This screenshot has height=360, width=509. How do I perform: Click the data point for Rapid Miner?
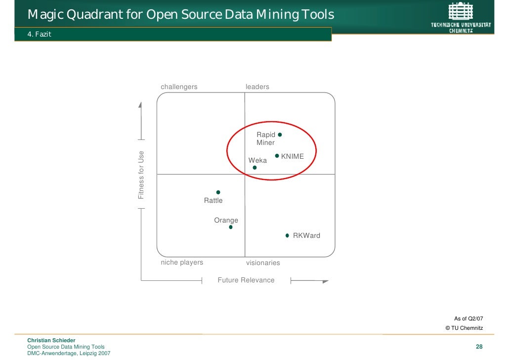(x=280, y=135)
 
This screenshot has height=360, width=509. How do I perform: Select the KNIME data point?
(x=277, y=156)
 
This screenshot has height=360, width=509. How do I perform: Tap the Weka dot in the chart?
(x=254, y=168)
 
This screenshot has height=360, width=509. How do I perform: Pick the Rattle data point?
(x=218, y=192)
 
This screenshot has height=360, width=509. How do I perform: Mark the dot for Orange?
(x=231, y=227)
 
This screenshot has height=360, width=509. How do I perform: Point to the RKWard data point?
(x=287, y=236)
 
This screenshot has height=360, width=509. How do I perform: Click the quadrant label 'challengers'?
(x=179, y=87)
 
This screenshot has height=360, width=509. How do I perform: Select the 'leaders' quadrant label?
(x=257, y=87)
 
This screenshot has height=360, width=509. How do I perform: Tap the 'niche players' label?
(x=182, y=263)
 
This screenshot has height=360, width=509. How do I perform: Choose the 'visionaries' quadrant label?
(x=263, y=263)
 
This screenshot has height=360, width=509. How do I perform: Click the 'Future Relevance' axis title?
(x=246, y=280)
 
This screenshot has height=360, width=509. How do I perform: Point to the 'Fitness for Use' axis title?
(x=141, y=175)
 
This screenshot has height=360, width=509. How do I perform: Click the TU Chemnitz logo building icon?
(x=461, y=11)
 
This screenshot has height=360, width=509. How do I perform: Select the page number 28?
(x=479, y=347)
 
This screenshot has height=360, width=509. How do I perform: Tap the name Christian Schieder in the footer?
(x=51, y=340)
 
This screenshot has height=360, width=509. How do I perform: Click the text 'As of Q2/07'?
(x=468, y=318)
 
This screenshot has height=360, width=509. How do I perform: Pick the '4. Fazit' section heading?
(x=40, y=34)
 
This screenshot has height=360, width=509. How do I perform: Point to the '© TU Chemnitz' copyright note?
(x=464, y=328)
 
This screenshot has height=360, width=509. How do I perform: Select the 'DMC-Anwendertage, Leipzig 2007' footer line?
(x=69, y=353)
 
